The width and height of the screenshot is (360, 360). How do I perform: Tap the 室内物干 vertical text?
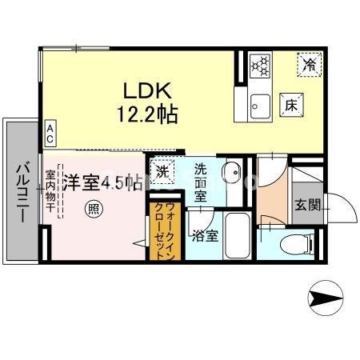tap(50, 192)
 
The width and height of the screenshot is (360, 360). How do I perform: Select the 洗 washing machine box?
tap(162, 171)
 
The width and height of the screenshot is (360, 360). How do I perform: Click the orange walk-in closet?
tap(158, 231)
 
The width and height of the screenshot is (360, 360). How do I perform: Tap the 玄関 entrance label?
tap(307, 205)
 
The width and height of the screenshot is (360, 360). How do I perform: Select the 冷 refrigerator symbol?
tap(308, 65)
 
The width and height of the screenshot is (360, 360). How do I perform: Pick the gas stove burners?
tap(259, 65)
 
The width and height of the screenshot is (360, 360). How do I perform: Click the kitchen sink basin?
tap(258, 104)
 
